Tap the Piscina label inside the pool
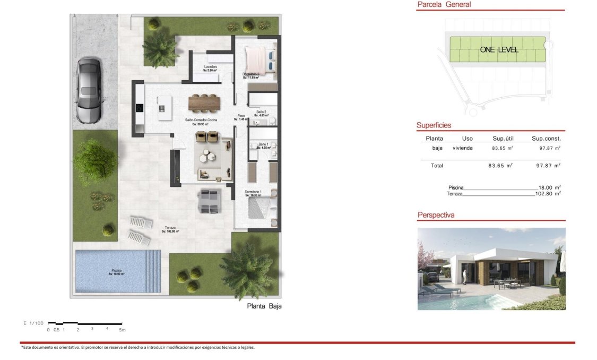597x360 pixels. (116, 272)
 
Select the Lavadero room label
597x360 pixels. (211, 68)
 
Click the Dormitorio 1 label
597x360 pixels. (253, 193)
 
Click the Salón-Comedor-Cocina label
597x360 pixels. (198, 122)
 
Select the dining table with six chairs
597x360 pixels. (204, 102)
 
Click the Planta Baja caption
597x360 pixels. (264, 306)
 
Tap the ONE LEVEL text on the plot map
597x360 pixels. (499, 49)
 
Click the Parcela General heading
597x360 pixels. (444, 5)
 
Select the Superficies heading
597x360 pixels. (434, 125)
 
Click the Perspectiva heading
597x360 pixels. (436, 215)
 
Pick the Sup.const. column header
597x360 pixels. (546, 139)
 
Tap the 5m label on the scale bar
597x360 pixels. (122, 330)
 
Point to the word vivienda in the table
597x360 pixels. (462, 148)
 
